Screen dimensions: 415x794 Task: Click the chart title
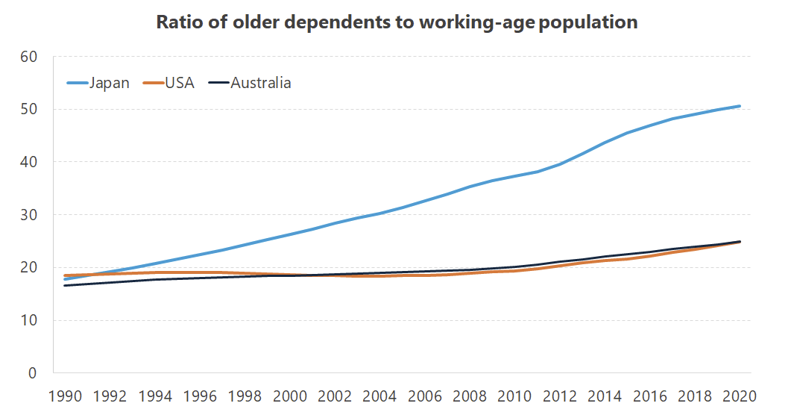tap(397, 22)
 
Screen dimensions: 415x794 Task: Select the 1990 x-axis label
tap(65, 396)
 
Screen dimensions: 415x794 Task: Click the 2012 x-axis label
tap(559, 396)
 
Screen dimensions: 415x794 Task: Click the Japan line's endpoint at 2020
tap(740, 106)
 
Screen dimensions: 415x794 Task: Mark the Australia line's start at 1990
tap(65, 285)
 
